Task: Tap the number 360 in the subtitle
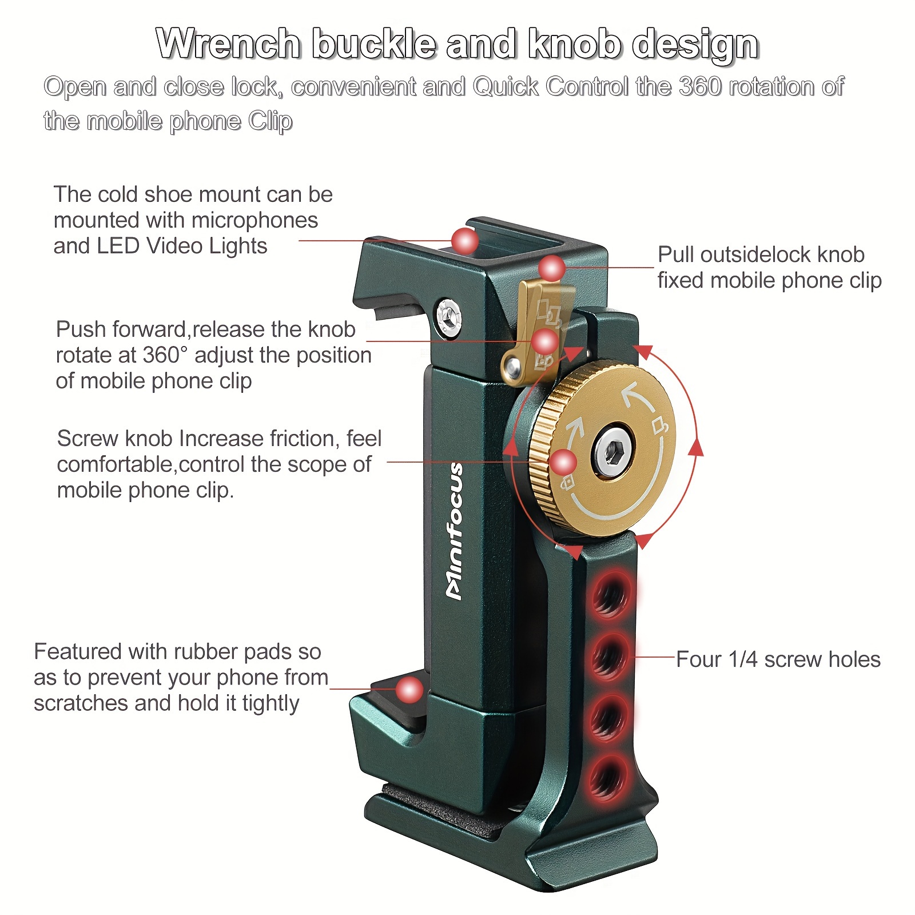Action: pyautogui.click(x=692, y=87)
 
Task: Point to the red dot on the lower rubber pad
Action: pyautogui.click(x=409, y=690)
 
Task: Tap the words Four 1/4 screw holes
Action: pyautogui.click(x=778, y=659)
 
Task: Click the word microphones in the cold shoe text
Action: pyautogui.click(x=255, y=220)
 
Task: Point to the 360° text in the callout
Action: pyautogui.click(x=165, y=355)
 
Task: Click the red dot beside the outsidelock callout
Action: pyautogui.click(x=552, y=268)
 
